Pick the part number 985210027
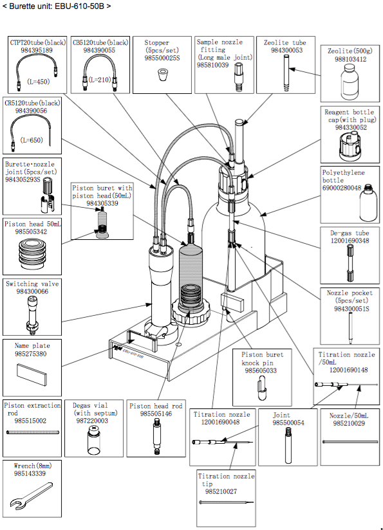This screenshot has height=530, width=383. pos(220,491)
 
